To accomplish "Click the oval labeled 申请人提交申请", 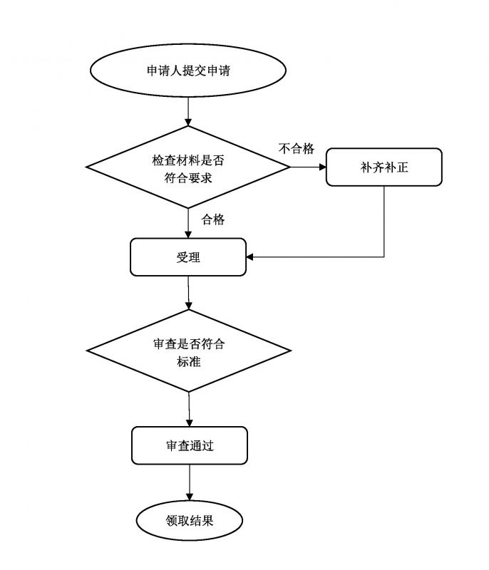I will tap(188, 71).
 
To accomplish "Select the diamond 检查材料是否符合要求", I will tap(188, 167).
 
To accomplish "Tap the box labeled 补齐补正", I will tap(384, 167).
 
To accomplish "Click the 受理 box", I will tap(188, 256).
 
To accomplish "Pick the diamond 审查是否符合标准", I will tap(189, 351).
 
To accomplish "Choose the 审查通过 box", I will tap(190, 446).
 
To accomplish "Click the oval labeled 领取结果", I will tap(190, 520).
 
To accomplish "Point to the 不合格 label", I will tap(296, 148).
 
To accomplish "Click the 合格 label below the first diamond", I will tap(213, 219).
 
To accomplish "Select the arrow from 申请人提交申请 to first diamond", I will tap(188, 112).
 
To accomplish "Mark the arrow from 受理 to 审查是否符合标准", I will tap(188, 292).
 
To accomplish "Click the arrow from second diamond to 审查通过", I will tap(189, 409).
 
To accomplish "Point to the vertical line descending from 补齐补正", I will tap(384, 221).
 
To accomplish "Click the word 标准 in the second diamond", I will tap(189, 361).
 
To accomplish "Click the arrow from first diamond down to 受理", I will tap(188, 223).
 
